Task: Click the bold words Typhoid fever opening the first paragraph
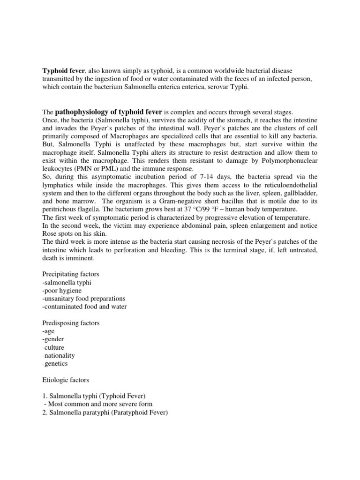(60, 70)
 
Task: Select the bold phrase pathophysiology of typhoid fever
(109, 112)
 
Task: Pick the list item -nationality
(59, 355)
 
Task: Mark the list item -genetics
(55, 363)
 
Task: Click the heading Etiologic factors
(65, 380)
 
